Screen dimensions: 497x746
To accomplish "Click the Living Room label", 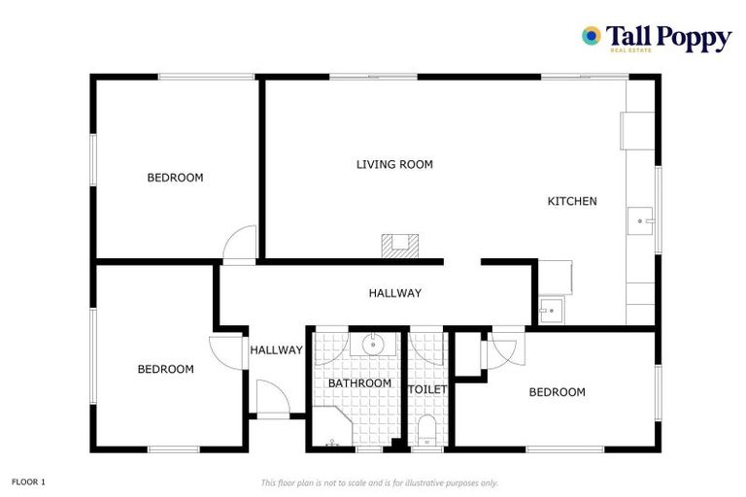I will click(x=394, y=165).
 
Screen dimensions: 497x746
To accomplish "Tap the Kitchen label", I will click(x=572, y=201).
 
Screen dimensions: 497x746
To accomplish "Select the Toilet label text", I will click(x=427, y=389).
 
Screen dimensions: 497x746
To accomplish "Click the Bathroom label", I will click(x=359, y=383).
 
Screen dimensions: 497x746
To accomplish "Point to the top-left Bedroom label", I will click(x=175, y=178).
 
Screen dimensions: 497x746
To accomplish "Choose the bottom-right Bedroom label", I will click(x=557, y=392).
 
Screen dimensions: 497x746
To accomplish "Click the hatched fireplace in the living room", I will click(x=399, y=245).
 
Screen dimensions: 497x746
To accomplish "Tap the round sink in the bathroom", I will click(x=373, y=344).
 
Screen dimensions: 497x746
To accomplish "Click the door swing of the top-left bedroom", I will click(x=239, y=244).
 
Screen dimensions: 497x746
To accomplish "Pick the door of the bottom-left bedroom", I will click(x=225, y=349).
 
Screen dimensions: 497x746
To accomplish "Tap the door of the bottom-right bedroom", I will click(x=507, y=348).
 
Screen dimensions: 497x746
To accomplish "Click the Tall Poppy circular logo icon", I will click(x=591, y=36).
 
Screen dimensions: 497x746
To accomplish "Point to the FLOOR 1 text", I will click(x=28, y=481).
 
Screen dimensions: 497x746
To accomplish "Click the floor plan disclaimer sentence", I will click(x=379, y=482).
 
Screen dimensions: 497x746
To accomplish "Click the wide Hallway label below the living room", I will click(x=394, y=293).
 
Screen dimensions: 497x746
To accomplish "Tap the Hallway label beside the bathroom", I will click(x=276, y=350).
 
